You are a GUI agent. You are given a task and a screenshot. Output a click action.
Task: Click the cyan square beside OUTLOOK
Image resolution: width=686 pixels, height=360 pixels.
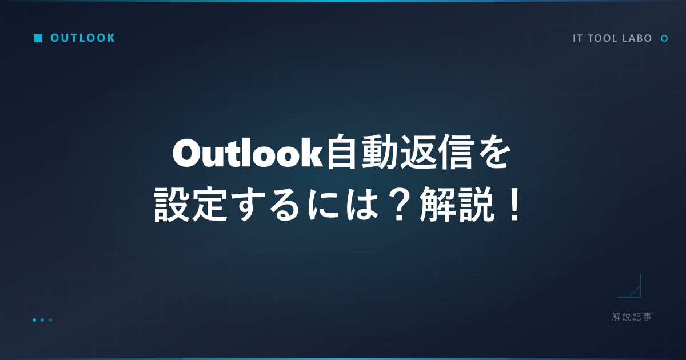[38, 38]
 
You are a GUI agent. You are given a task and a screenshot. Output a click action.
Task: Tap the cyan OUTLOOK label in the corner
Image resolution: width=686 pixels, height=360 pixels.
[83, 38]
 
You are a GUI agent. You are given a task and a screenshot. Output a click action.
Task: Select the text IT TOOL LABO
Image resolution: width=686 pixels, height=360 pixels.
[612, 38]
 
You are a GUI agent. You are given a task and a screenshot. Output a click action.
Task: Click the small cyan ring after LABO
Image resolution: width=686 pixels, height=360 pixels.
[664, 38]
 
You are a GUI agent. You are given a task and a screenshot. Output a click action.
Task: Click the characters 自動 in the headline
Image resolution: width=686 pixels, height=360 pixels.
[362, 152]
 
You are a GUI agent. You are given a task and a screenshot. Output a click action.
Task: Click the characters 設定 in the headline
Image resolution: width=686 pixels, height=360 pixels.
[190, 204]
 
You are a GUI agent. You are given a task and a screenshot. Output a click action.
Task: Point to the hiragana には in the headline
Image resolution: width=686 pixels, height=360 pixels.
[342, 205]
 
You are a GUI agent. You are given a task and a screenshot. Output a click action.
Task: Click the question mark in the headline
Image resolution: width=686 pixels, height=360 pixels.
[399, 205]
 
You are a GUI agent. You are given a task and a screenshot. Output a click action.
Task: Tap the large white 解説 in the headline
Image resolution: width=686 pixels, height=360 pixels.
[457, 204]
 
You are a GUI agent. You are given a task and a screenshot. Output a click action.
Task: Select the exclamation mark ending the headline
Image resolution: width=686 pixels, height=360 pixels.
[513, 205]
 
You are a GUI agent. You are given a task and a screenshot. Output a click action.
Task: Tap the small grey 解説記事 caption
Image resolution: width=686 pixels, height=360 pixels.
[632, 317]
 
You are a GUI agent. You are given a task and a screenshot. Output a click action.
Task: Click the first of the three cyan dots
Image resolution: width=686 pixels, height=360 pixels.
[34, 320]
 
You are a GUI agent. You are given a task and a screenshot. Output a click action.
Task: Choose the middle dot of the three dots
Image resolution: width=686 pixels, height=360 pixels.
[42, 320]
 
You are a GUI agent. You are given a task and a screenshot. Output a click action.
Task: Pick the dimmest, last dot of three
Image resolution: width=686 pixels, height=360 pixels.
[50, 320]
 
